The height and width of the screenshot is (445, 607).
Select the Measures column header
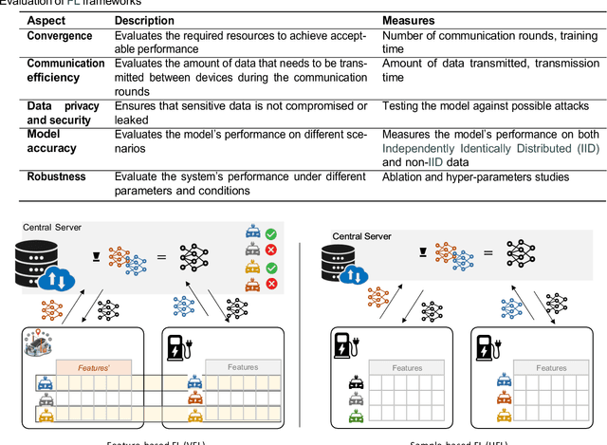409,20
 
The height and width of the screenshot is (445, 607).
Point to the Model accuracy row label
46,141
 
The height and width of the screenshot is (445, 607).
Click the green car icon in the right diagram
356,417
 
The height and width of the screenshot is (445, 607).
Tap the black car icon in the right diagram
356,383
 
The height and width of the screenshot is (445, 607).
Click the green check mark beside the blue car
271,234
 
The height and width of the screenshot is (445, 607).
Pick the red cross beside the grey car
271,250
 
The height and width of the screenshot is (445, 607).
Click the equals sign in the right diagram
487,252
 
